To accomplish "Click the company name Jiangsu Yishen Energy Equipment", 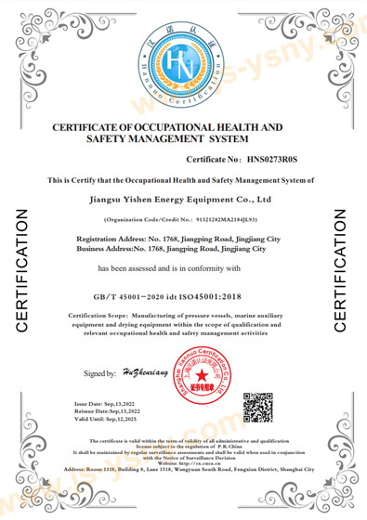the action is pyautogui.click(x=184, y=198).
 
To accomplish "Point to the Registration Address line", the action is pyautogui.click(x=184, y=240).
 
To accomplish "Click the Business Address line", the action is pyautogui.click(x=184, y=249).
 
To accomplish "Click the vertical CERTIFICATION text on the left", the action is pyautogui.click(x=21, y=270).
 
